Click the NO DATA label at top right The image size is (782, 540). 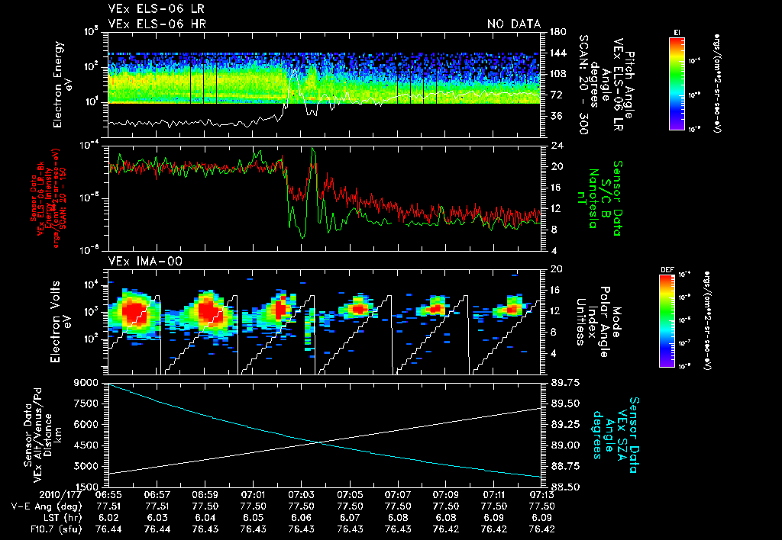(513, 24)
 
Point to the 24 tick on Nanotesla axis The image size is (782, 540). (556, 146)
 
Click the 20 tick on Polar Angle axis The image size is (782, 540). (556, 269)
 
